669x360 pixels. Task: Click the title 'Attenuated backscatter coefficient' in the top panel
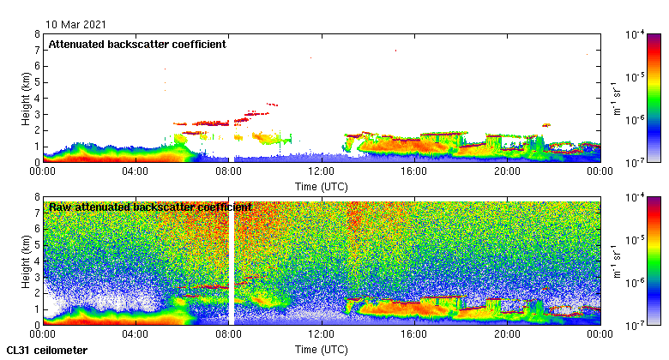click(137, 45)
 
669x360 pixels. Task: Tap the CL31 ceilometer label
click(46, 351)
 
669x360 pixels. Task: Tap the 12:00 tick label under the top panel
click(322, 171)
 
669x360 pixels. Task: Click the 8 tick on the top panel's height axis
click(37, 34)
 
